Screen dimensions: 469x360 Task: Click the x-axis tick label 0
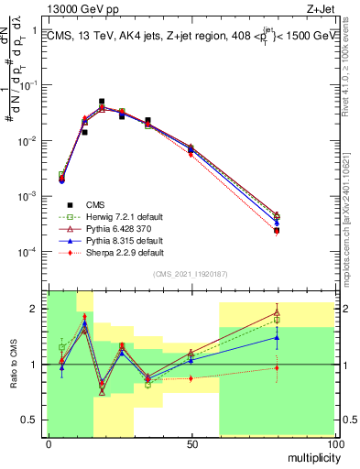click(x=48, y=444)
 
